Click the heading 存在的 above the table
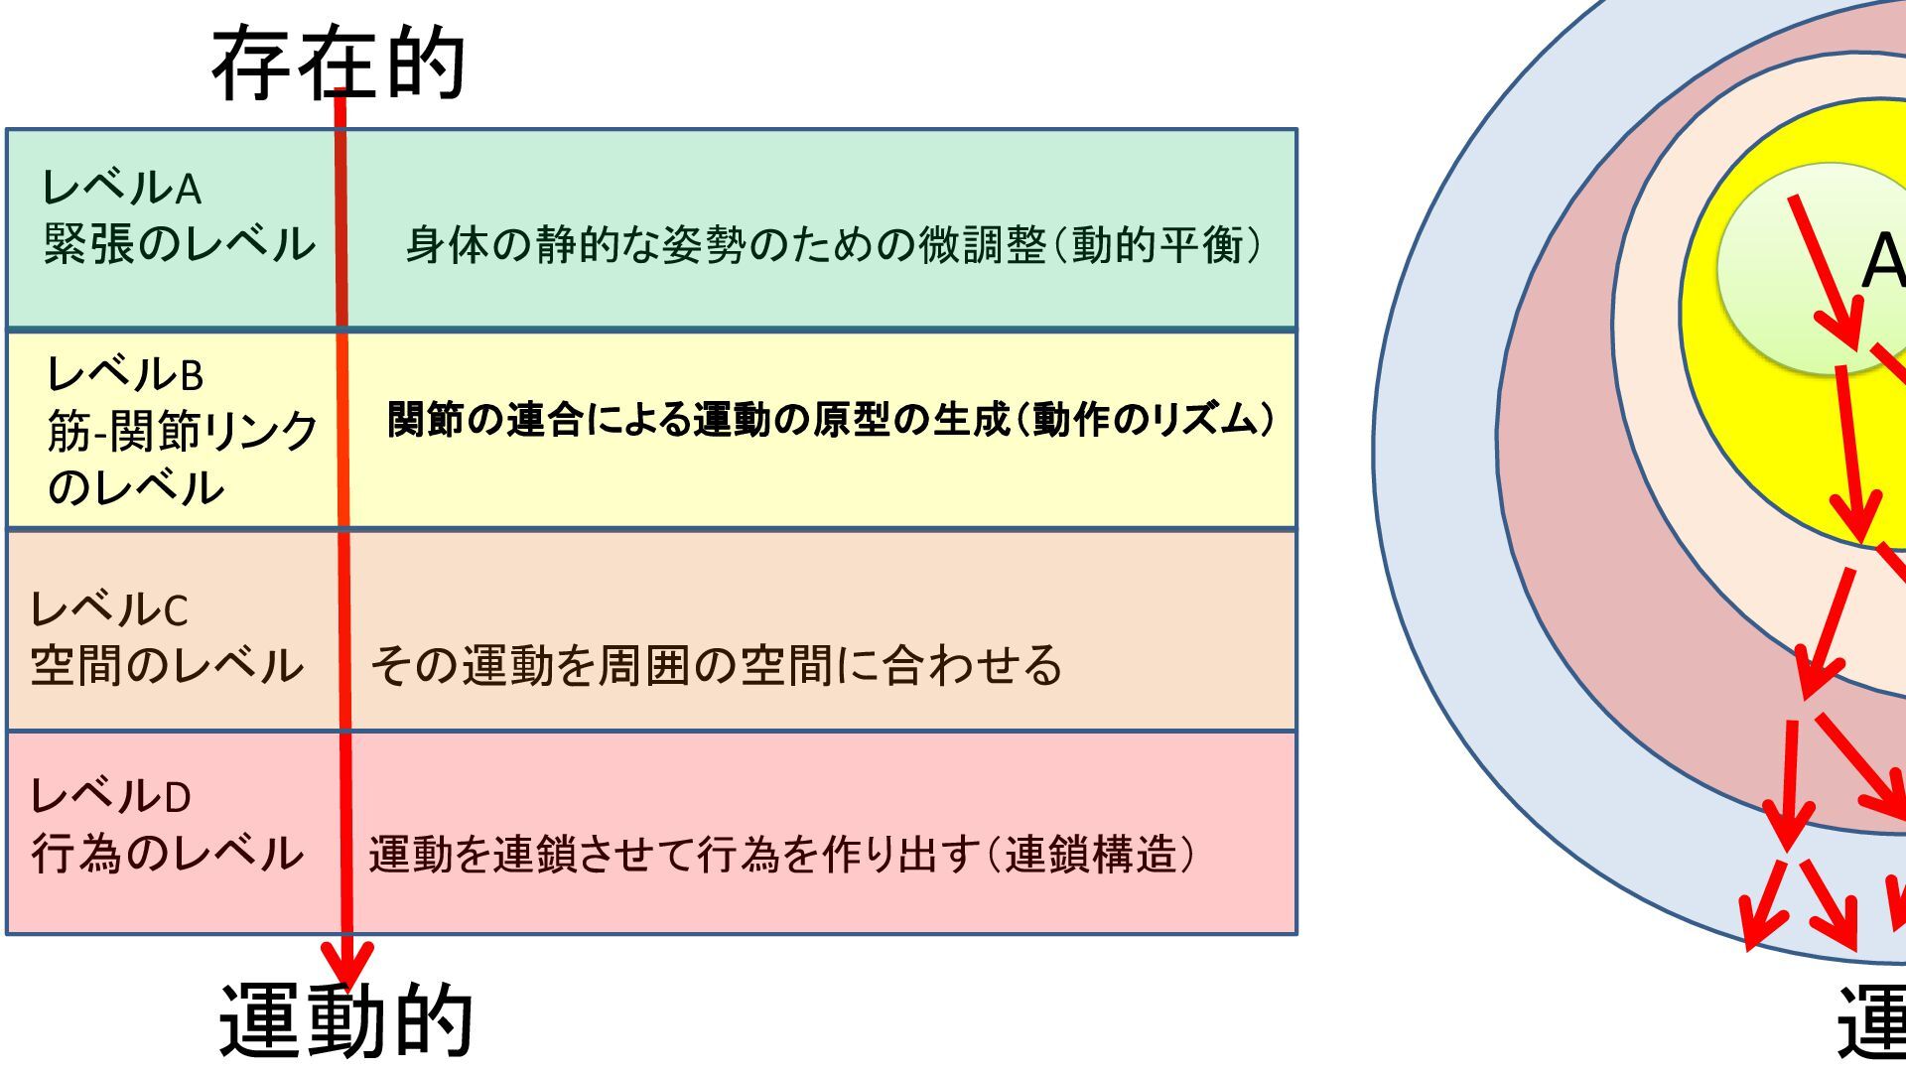[339, 64]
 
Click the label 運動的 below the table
[345, 1020]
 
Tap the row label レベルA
[121, 187]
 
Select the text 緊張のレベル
[179, 244]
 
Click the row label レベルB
[125, 374]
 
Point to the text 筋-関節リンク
[183, 431]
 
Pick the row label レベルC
[109, 608]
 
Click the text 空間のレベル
[167, 665]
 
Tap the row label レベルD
[110, 796]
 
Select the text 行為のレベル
[167, 853]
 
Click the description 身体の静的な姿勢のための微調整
[725, 244]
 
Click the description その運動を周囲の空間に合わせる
[716, 665]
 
